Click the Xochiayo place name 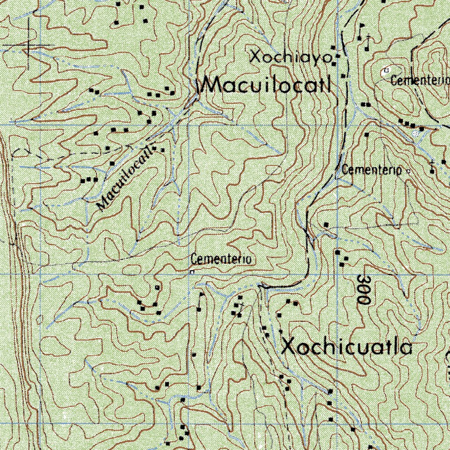coord(290,57)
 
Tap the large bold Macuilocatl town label coord(266,85)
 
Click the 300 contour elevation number coord(363,290)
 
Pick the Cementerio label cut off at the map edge coord(420,81)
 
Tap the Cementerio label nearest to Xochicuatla coord(221,260)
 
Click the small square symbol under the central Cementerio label coord(192,272)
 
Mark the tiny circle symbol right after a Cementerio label coord(408,171)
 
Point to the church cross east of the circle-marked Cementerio coord(432,167)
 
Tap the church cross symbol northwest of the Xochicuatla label coord(240,304)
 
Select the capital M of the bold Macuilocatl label coord(213,85)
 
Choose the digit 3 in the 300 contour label coord(363,279)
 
